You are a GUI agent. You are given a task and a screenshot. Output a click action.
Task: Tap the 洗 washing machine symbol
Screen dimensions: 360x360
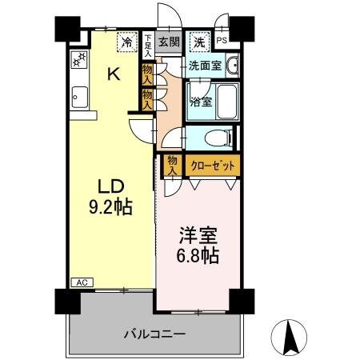click(197, 40)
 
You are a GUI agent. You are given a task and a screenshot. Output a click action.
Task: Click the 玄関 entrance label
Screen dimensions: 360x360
click(167, 41)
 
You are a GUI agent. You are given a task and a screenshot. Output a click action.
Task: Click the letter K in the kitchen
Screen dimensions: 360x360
click(114, 75)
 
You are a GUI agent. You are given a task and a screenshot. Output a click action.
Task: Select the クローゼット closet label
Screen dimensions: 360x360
click(212, 166)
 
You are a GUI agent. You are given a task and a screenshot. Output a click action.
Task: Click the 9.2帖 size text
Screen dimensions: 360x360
click(110, 206)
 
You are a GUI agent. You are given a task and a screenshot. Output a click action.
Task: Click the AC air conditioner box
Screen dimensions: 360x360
click(82, 282)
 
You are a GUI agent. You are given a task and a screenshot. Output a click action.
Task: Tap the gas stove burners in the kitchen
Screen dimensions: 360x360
click(79, 59)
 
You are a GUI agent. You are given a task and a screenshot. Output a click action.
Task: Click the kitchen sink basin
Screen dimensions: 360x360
click(78, 98)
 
